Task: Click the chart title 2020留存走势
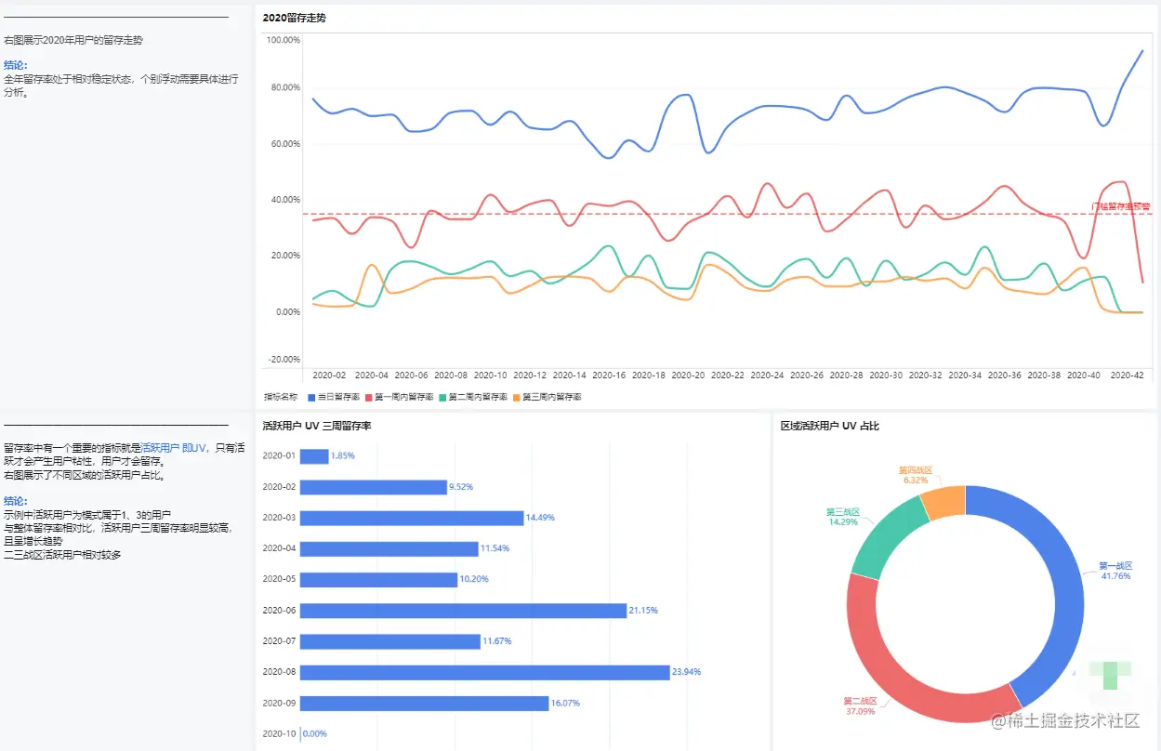[x=294, y=18]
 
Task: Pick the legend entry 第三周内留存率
[x=551, y=397]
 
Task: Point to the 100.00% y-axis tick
[x=283, y=40]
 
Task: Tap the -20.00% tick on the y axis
[x=283, y=360]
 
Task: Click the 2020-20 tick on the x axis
[x=688, y=375]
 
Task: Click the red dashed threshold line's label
[x=1120, y=206]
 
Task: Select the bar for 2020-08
[x=484, y=672]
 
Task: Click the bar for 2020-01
[x=314, y=456]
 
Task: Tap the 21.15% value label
[x=643, y=611]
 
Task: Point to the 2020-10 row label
[x=279, y=734]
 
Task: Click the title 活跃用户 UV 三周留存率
[x=317, y=426]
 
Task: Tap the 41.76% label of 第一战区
[x=1115, y=576]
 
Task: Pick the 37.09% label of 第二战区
[x=859, y=712]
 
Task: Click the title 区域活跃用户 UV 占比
[x=829, y=426]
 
